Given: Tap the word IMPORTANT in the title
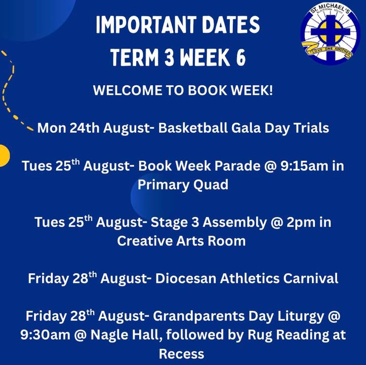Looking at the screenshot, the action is [x=145, y=24].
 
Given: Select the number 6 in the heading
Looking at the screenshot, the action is [x=241, y=57].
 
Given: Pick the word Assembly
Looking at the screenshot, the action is [x=234, y=222].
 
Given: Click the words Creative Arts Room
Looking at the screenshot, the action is [x=181, y=241].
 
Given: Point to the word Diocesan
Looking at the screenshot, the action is [x=186, y=278].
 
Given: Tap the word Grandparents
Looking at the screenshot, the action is [x=198, y=316].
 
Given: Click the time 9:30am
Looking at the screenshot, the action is [x=45, y=335].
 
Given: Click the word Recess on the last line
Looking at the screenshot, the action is [x=181, y=354].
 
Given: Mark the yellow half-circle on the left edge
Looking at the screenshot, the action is [x=4, y=156].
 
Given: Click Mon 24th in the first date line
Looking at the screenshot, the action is [x=68, y=128].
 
